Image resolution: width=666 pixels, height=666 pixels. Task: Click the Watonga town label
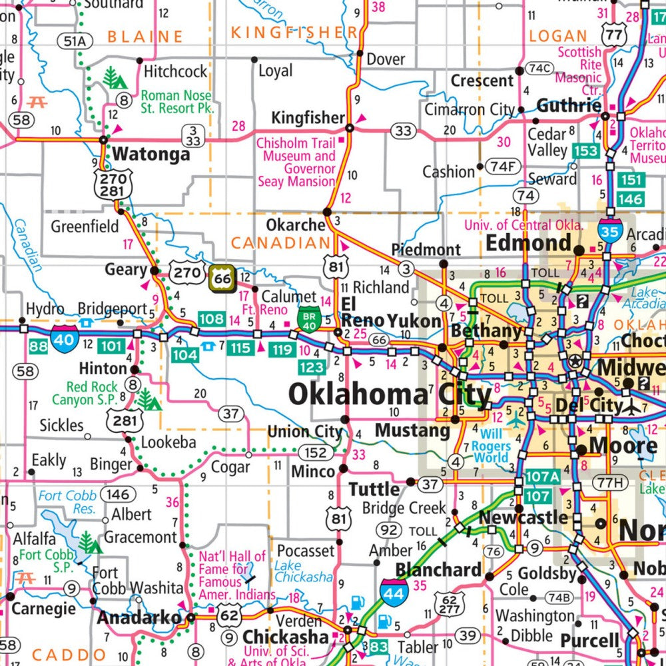pyautogui.click(x=151, y=155)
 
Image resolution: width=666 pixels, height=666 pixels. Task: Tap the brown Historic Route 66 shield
pyautogui.click(x=222, y=278)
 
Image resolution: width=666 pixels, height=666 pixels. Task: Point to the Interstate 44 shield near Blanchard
pyautogui.click(x=394, y=592)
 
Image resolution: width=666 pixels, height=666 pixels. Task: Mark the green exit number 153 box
pyautogui.click(x=585, y=151)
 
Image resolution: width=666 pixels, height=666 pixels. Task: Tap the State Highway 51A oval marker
pyautogui.click(x=75, y=41)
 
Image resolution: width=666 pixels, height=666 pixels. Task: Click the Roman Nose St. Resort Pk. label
pyautogui.click(x=176, y=102)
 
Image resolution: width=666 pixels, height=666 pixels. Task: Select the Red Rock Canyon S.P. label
pyautogui.click(x=92, y=393)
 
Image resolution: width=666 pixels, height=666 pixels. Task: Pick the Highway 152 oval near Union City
pyautogui.click(x=316, y=453)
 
